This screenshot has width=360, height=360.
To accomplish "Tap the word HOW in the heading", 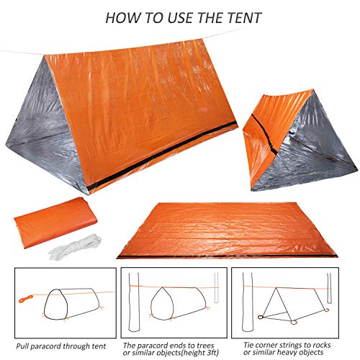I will [122, 17].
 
